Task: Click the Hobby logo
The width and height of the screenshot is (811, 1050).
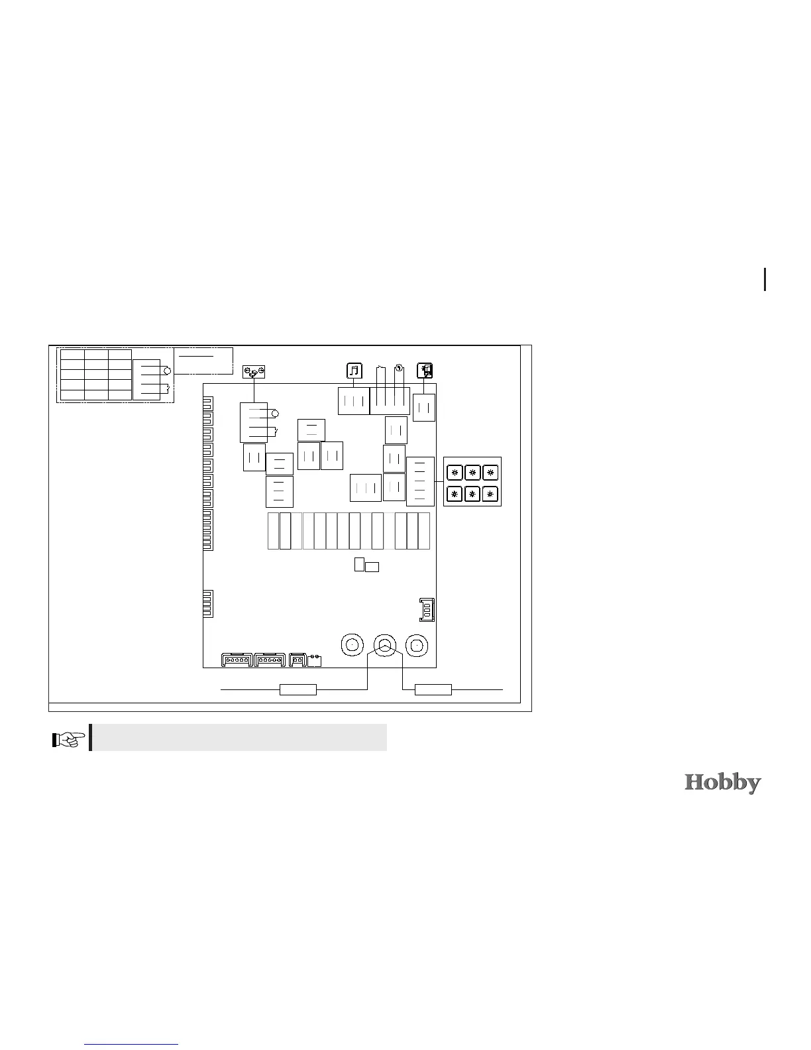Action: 722,783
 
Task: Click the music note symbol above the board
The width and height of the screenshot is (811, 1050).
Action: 354,371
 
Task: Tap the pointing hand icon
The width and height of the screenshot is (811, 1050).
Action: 68,739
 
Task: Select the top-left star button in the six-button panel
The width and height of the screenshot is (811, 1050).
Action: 455,473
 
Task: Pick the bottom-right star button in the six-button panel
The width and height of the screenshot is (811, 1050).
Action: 490,495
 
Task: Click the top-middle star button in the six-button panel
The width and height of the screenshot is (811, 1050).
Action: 472,473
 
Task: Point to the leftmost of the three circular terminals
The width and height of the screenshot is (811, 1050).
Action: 352,645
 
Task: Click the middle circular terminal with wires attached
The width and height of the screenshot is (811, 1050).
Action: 384,645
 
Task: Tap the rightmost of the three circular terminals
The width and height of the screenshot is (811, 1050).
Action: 417,645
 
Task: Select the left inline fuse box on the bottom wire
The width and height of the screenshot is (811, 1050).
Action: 297,690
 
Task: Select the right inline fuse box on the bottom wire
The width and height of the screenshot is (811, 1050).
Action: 433,690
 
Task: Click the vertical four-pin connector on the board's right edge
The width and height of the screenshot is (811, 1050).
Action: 427,609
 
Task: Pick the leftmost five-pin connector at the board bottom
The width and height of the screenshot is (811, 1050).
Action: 237,660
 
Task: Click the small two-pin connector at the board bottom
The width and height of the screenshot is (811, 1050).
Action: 297,660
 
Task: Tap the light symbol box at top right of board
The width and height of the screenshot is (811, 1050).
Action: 425,371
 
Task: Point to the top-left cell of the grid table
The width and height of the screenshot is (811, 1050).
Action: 73,355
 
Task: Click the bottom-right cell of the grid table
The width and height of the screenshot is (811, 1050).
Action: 120,395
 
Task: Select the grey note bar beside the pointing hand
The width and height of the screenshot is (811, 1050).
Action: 239,737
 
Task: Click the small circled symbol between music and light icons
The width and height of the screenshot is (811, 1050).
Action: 399,368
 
